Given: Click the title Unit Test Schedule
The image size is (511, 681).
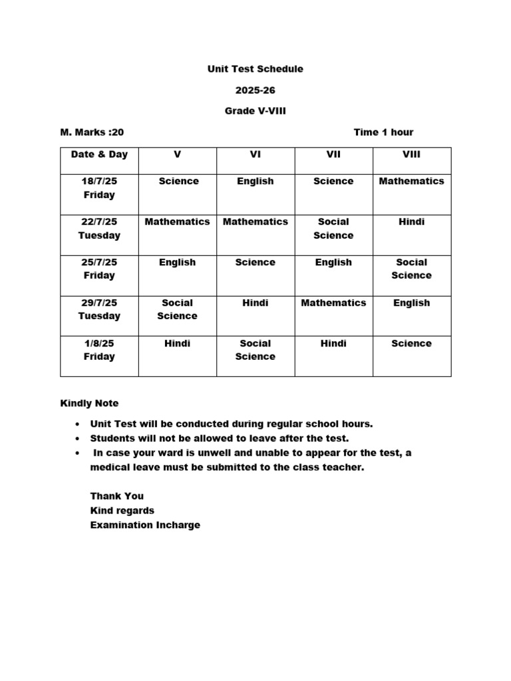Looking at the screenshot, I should (255, 69).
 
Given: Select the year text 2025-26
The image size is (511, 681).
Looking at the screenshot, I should (255, 90).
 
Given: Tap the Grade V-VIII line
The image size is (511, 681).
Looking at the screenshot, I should (255, 112).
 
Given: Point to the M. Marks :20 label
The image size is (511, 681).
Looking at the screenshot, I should (92, 132).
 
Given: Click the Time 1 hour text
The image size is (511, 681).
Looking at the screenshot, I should (383, 132).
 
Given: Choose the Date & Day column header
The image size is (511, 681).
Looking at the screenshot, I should (99, 154).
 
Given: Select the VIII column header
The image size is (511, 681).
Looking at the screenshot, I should (411, 154).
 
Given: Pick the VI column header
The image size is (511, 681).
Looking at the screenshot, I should (255, 154).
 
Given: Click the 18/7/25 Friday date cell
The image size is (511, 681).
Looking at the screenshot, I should (99, 188).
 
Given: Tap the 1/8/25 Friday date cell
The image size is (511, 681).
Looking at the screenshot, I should (99, 350).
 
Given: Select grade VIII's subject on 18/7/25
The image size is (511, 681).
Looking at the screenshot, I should (411, 181).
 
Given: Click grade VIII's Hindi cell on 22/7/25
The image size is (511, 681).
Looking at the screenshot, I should (411, 221).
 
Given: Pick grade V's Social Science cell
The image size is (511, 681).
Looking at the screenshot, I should (177, 309).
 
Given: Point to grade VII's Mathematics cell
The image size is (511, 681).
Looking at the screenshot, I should (333, 303).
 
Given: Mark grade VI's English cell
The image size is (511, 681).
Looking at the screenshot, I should (255, 181).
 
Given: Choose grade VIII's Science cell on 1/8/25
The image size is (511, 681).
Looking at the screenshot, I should (411, 343).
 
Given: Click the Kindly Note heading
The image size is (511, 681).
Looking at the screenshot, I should (89, 403).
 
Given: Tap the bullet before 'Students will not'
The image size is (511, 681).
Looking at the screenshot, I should (78, 439).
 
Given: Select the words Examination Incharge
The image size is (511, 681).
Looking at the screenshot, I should (145, 525).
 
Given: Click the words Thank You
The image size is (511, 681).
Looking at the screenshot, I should (116, 496).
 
